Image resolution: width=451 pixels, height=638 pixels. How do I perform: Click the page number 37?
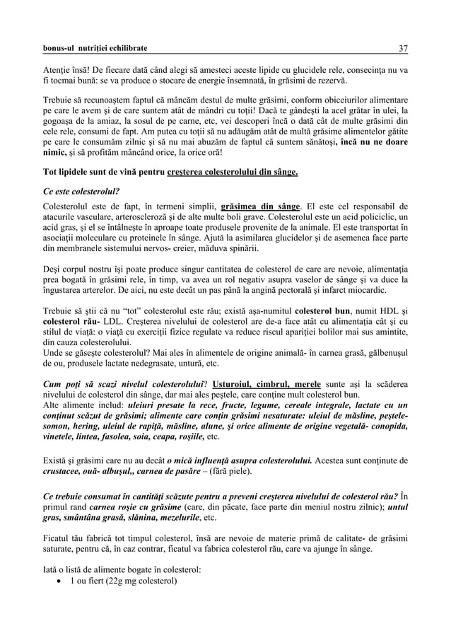(404, 49)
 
